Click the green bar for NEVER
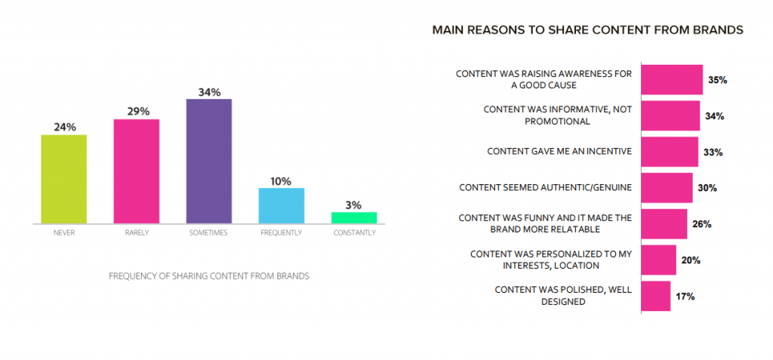(63, 179)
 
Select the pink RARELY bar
(137, 171)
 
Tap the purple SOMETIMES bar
(209, 162)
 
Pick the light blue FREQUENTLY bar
(282, 205)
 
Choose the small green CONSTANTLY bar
(354, 218)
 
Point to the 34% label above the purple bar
(209, 92)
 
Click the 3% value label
(354, 205)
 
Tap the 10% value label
(282, 181)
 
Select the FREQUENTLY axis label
(282, 232)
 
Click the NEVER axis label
(64, 232)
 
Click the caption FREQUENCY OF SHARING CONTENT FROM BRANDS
(209, 276)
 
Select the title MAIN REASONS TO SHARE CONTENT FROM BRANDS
(587, 30)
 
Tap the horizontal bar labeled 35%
(672, 79)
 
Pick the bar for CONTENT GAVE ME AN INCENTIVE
(670, 152)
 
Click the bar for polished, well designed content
(656, 296)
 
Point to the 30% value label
(707, 189)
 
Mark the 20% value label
(691, 260)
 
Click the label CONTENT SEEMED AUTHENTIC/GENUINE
(545, 188)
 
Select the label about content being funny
(545, 223)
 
